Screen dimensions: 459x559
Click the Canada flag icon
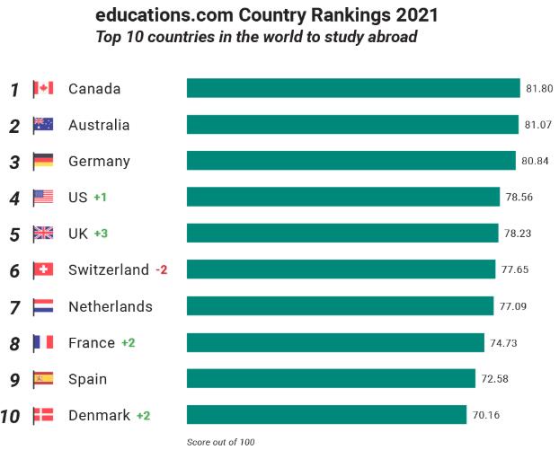(43, 88)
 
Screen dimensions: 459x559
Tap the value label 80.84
(535, 162)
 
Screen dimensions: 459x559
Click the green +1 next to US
(100, 198)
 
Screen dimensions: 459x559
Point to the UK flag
(43, 234)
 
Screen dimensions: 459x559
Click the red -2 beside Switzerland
(162, 270)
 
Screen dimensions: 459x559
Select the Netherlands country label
(111, 306)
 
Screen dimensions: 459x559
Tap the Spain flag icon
(43, 379)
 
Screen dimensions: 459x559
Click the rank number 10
(12, 416)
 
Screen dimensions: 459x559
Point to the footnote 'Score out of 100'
(221, 442)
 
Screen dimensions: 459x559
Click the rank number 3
(14, 162)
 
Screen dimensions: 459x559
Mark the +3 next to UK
(101, 234)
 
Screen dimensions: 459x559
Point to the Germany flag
(43, 161)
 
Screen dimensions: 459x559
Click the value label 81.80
(539, 89)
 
